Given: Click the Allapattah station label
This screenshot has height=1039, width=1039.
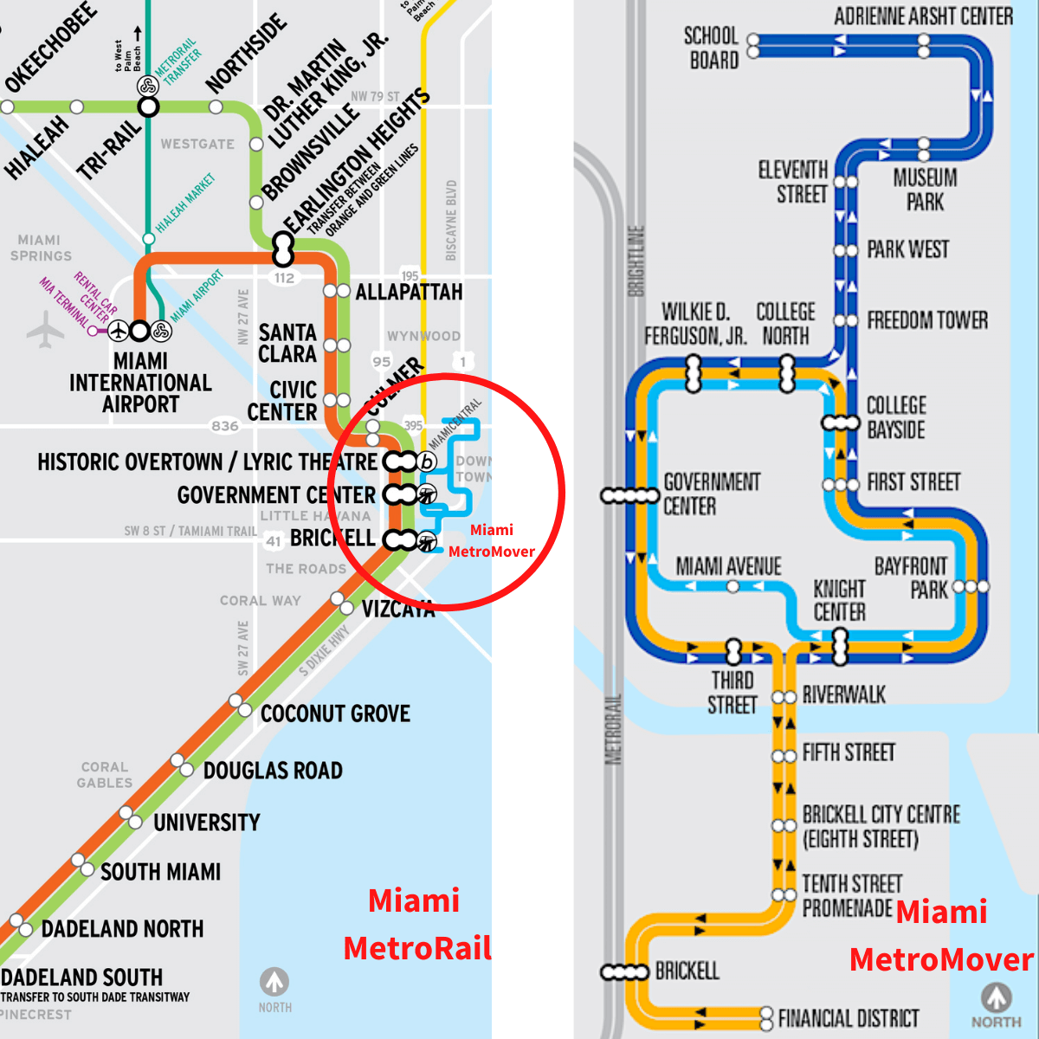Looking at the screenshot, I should tap(409, 292).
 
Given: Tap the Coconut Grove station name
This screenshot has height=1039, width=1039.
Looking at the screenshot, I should tap(335, 713).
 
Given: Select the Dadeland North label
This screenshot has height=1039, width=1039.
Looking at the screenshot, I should tap(123, 929).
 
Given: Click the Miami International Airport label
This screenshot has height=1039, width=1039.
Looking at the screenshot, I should tap(140, 383).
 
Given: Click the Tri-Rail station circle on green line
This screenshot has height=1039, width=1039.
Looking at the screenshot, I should tap(149, 107).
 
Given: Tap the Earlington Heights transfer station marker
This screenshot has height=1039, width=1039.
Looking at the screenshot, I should tap(283, 249).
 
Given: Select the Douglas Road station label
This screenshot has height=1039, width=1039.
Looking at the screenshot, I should tap(273, 771).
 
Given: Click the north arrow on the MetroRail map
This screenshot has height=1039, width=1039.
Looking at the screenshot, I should tap(274, 982).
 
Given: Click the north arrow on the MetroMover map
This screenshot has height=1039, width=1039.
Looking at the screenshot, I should tap(996, 997).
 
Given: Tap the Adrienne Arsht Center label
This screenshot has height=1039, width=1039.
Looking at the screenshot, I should tap(923, 16).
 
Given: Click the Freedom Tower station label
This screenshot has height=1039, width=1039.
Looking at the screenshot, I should tap(926, 320).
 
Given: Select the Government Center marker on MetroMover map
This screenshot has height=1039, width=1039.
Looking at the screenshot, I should tap(630, 495).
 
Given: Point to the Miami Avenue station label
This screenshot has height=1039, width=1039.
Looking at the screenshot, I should tap(728, 566).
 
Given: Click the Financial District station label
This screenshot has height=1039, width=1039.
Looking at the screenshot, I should tap(848, 1018).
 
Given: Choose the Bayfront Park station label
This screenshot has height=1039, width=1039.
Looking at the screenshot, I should tap(911, 578).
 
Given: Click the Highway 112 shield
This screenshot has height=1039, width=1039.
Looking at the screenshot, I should tap(284, 278).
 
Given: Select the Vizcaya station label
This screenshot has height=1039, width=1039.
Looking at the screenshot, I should tap(397, 610).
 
